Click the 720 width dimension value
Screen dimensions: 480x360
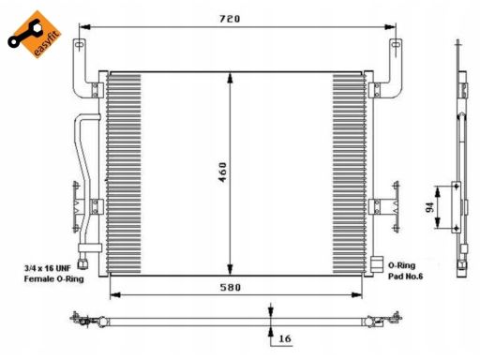click(x=230, y=19)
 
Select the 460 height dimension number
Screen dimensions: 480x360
click(x=222, y=172)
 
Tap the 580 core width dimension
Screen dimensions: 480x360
click(x=231, y=287)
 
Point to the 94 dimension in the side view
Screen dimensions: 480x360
click(x=430, y=207)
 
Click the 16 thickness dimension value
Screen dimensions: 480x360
click(x=285, y=338)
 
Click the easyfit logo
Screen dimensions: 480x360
click(x=35, y=35)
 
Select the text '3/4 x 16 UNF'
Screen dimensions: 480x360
click(x=48, y=268)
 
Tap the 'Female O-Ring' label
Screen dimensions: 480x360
click(x=53, y=278)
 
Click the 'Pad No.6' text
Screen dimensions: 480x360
click(x=405, y=277)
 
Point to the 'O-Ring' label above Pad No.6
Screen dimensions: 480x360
click(x=401, y=265)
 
